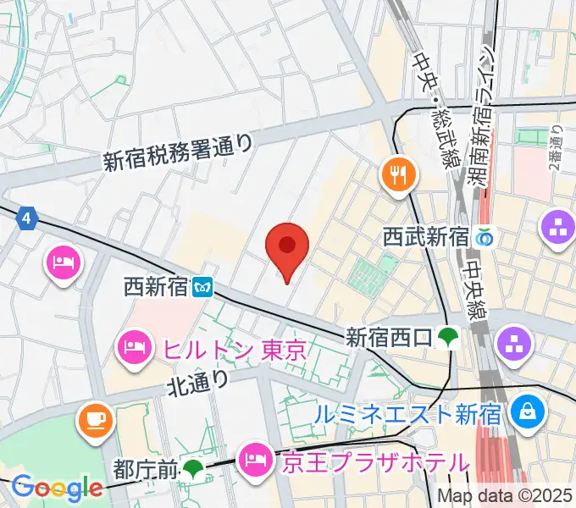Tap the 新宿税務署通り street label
178,150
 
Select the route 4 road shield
27,218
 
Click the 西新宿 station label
154,286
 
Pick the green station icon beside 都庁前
195,467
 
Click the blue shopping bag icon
528,411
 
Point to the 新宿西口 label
390,338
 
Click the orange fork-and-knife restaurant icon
397,175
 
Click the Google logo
57,487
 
